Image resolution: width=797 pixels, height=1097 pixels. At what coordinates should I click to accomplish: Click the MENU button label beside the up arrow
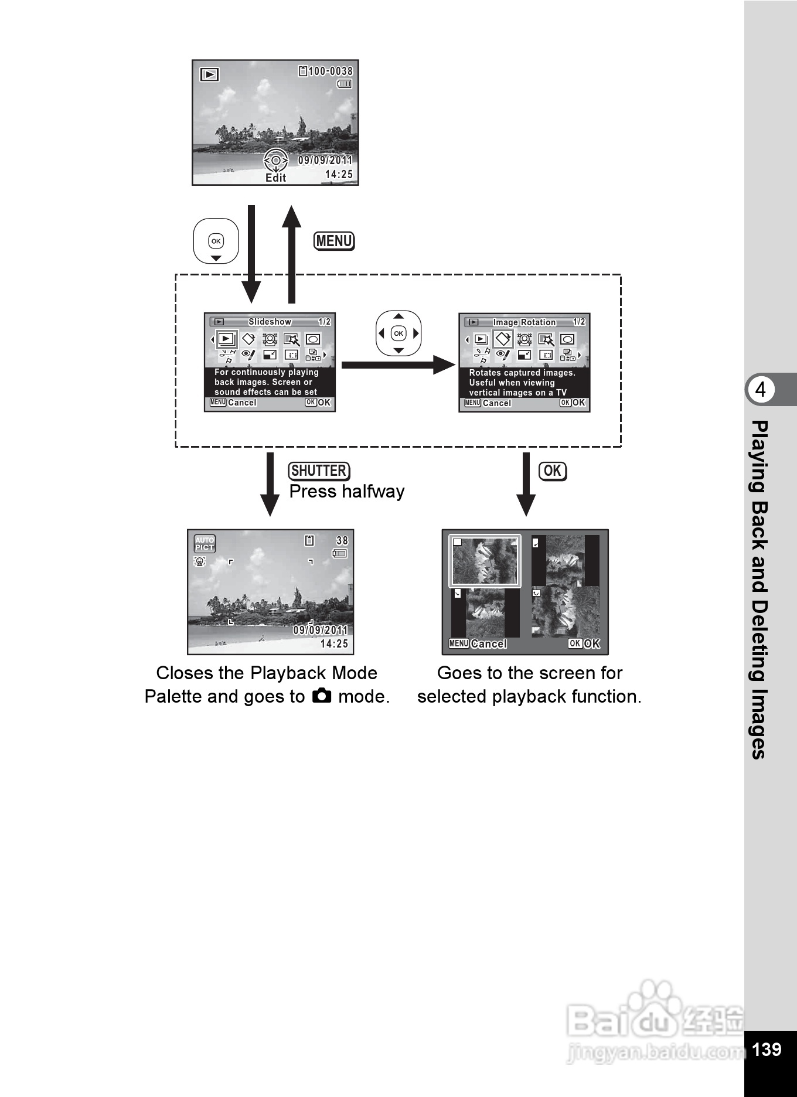point(334,241)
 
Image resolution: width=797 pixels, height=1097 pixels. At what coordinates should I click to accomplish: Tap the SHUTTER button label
point(319,471)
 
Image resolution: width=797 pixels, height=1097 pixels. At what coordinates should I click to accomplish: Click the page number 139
point(767,1049)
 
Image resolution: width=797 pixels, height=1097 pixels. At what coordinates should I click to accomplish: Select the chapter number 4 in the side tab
point(760,390)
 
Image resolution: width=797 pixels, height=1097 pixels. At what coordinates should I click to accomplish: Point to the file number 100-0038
point(331,71)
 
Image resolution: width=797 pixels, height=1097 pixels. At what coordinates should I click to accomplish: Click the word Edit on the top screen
point(275,178)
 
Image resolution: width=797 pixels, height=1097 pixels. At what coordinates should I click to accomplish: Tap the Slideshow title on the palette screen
point(270,322)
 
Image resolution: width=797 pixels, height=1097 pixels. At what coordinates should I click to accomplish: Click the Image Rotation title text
point(524,322)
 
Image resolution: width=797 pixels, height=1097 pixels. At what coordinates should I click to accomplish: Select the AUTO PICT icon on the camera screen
point(205,544)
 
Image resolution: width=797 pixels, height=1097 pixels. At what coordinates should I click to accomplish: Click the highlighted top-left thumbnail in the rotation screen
point(485,561)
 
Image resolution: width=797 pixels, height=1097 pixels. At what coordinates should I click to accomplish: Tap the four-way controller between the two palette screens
point(398,333)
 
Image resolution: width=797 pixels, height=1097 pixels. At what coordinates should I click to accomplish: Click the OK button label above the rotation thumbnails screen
point(553,471)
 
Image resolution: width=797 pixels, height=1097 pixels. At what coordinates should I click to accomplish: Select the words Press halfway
point(347,492)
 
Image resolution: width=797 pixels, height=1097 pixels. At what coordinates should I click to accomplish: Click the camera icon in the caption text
point(322,696)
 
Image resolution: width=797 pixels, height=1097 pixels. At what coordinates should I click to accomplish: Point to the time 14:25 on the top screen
point(339,175)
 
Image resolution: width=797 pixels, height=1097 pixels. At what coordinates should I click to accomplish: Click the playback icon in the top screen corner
point(209,74)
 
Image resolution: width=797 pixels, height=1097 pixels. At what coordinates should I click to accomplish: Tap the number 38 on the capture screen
point(342,541)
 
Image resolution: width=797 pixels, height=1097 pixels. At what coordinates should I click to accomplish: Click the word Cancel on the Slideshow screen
point(242,403)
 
